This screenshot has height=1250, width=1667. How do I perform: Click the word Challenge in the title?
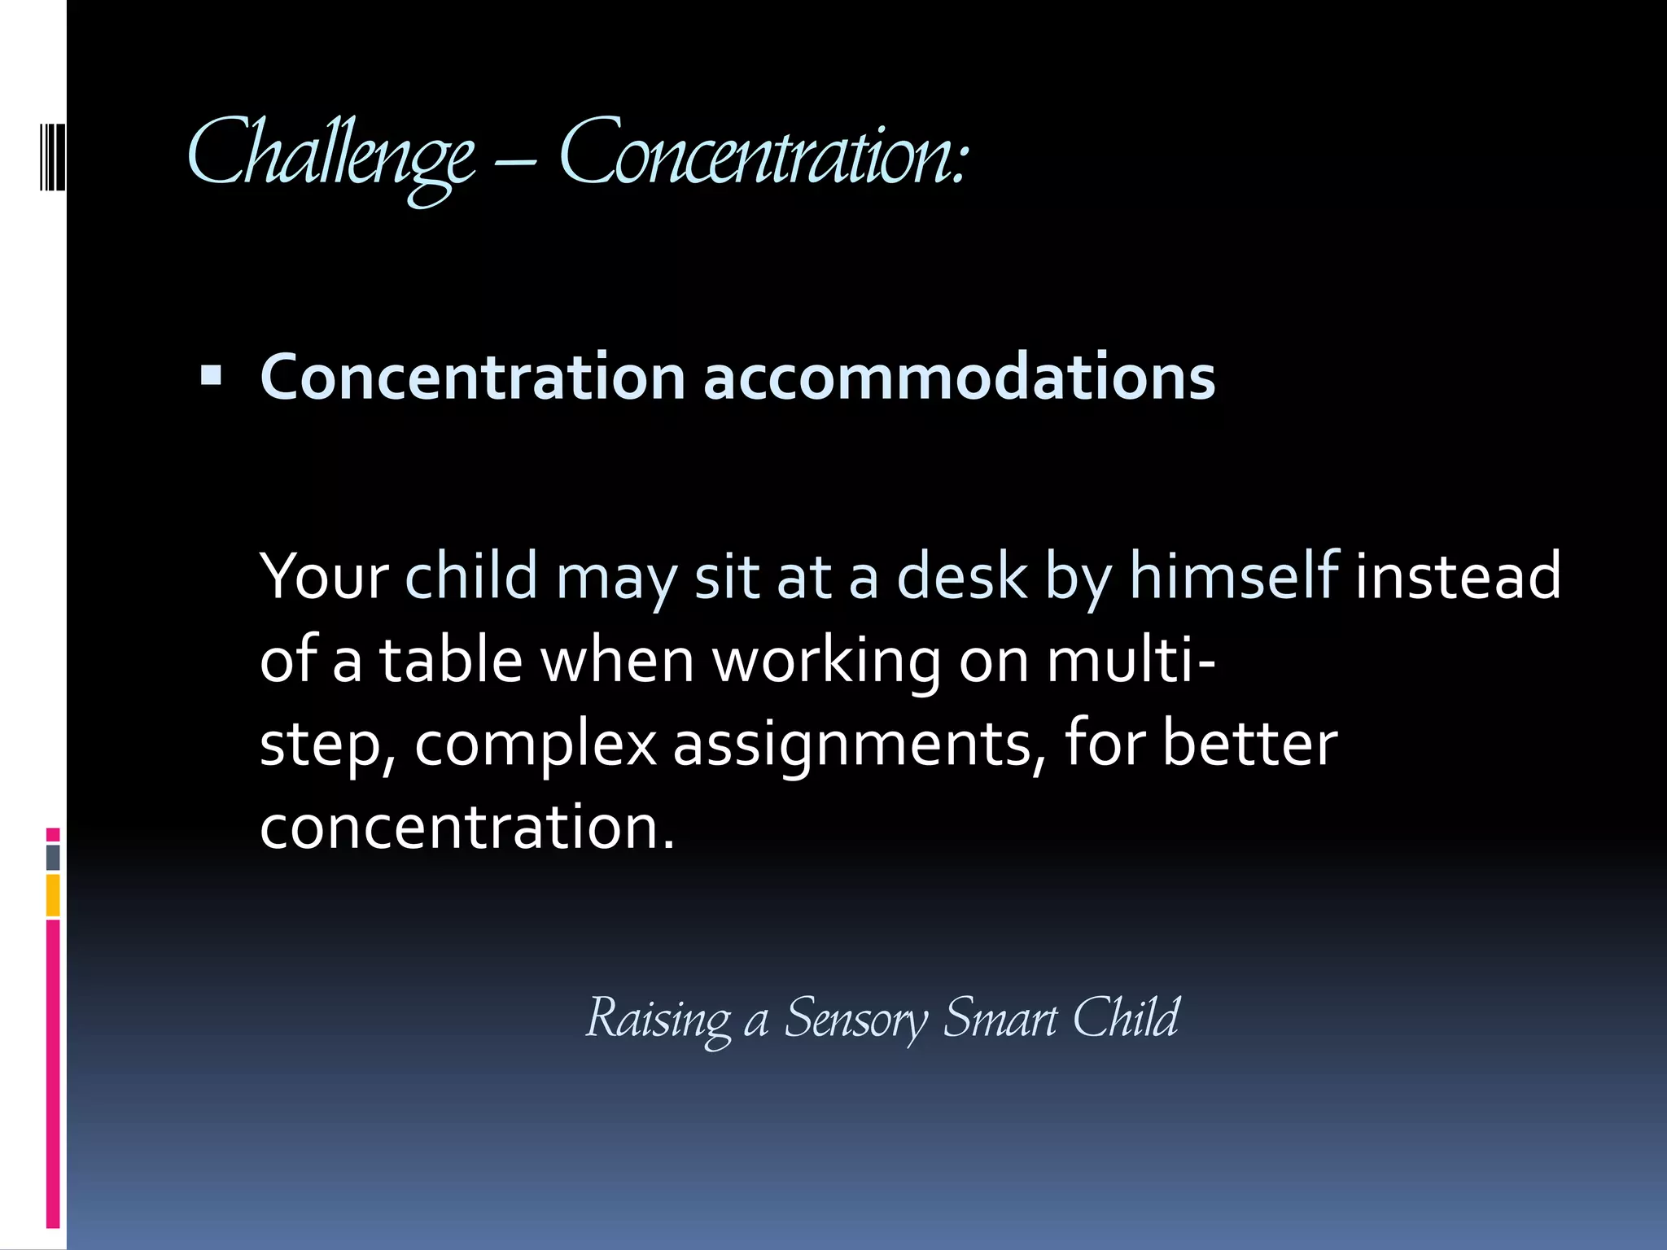coord(330,155)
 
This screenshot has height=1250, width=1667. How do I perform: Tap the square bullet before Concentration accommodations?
coord(211,375)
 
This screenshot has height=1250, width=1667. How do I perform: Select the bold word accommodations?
coord(959,378)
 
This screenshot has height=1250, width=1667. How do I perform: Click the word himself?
coord(1234,576)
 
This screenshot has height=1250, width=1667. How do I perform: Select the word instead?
coord(1458,576)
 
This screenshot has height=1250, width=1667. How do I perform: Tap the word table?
coord(450,660)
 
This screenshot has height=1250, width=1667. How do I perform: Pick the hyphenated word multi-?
coord(1131,660)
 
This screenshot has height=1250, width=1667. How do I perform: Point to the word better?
coord(1249,743)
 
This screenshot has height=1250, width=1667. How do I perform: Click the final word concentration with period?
coord(467,827)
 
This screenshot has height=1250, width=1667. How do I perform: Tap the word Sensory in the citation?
coord(855,1019)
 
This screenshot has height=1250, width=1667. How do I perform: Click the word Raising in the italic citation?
coord(658,1019)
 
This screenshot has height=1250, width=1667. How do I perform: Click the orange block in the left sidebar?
coord(53,895)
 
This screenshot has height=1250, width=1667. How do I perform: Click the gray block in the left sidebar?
coord(53,857)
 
